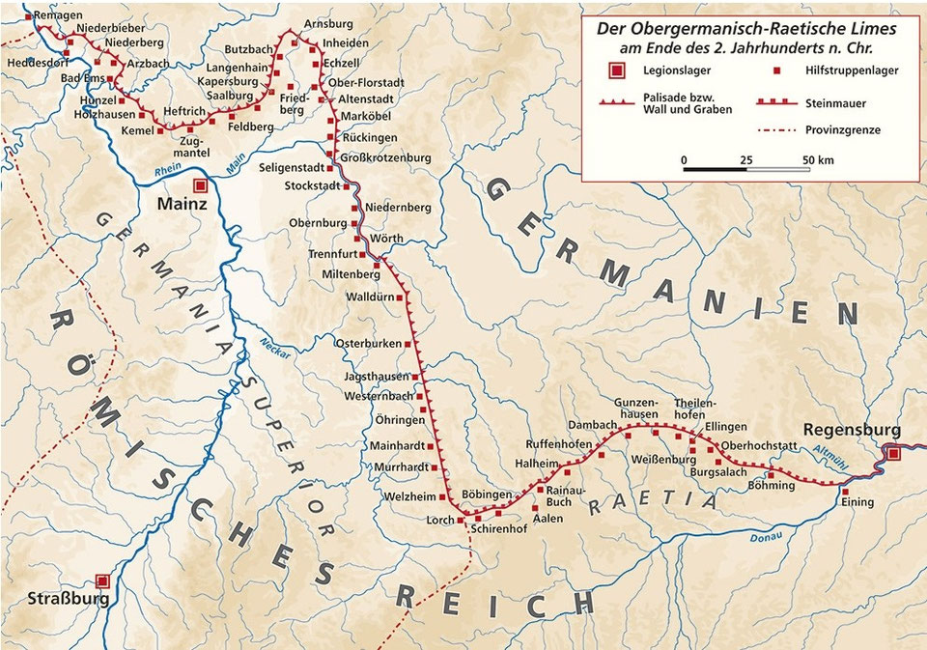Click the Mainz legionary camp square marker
[200, 184]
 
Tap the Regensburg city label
[850, 431]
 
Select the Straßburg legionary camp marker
[102, 581]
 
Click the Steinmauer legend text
[835, 102]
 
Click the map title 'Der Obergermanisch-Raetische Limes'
[746, 30]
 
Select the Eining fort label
[858, 503]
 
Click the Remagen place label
[52, 15]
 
